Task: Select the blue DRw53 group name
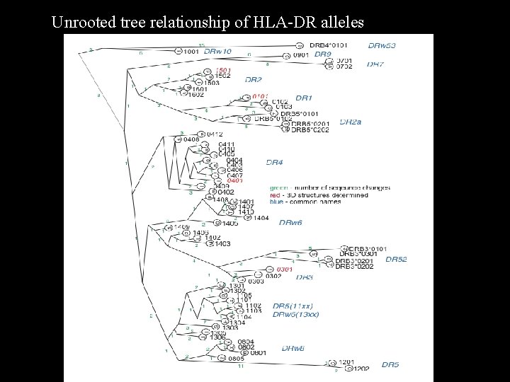pos(382,45)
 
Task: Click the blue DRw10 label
pos(217,52)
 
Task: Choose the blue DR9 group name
pos(323,54)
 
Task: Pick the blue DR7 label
pos(375,64)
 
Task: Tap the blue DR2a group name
pos(350,122)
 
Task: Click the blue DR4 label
pos(274,163)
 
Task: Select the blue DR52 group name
pos(396,260)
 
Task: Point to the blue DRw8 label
pos(293,349)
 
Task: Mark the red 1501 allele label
pos(223,71)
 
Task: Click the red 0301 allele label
pos(284,270)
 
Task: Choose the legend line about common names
pos(306,202)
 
